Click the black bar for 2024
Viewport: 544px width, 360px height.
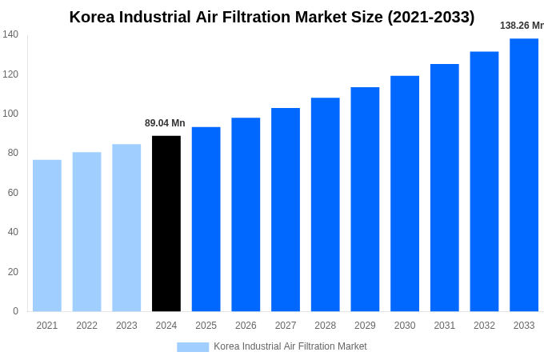166,223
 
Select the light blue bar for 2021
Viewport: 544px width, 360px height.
47,235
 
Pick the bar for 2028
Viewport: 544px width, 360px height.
325,204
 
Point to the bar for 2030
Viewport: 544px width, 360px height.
405,193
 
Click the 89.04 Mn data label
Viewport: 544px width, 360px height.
165,123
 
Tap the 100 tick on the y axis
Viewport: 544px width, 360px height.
10,114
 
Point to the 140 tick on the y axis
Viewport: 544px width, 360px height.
10,34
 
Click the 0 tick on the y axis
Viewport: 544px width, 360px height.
15,311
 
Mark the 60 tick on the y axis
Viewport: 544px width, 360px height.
13,193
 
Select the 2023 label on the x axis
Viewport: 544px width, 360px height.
126,326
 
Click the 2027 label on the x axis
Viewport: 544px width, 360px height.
286,326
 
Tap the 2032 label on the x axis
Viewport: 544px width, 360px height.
484,326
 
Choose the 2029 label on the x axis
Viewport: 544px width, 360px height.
365,326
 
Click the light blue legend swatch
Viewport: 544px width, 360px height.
193,346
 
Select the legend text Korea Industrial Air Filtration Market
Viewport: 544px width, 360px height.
290,346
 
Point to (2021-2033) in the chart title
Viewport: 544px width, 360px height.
430,17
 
